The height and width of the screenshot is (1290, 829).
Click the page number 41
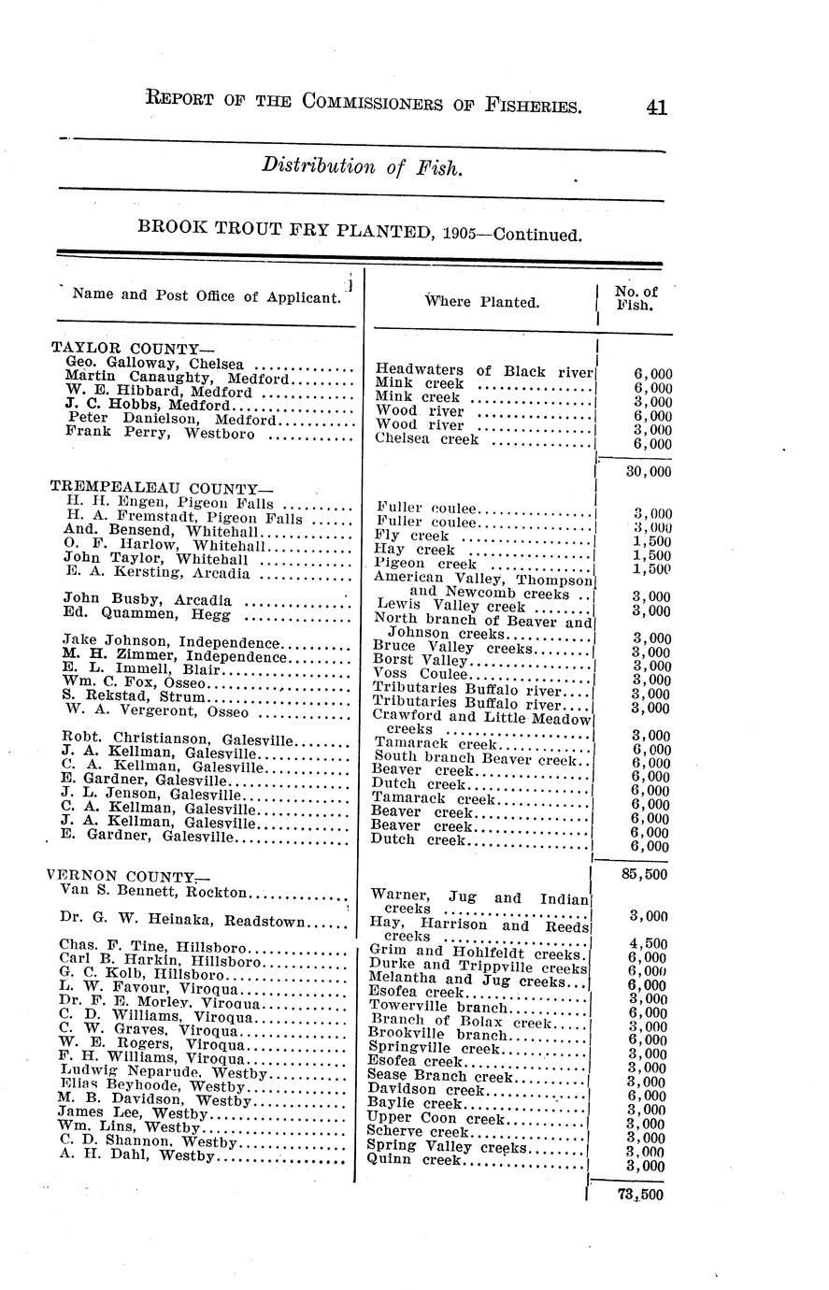[655, 107]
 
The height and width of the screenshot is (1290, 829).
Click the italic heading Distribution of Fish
[361, 167]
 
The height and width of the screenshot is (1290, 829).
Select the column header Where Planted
[481, 302]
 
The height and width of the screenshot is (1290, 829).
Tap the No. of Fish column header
[636, 297]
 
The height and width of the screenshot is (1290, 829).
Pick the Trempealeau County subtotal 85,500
[644, 874]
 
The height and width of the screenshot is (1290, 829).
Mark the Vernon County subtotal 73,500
[640, 1194]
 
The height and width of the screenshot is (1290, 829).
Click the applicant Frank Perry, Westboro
[160, 433]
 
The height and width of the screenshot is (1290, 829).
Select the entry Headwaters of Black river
[484, 370]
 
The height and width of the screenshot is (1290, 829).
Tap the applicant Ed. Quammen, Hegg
[149, 613]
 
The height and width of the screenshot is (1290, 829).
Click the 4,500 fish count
[648, 943]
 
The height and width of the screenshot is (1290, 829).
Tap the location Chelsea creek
[426, 438]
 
